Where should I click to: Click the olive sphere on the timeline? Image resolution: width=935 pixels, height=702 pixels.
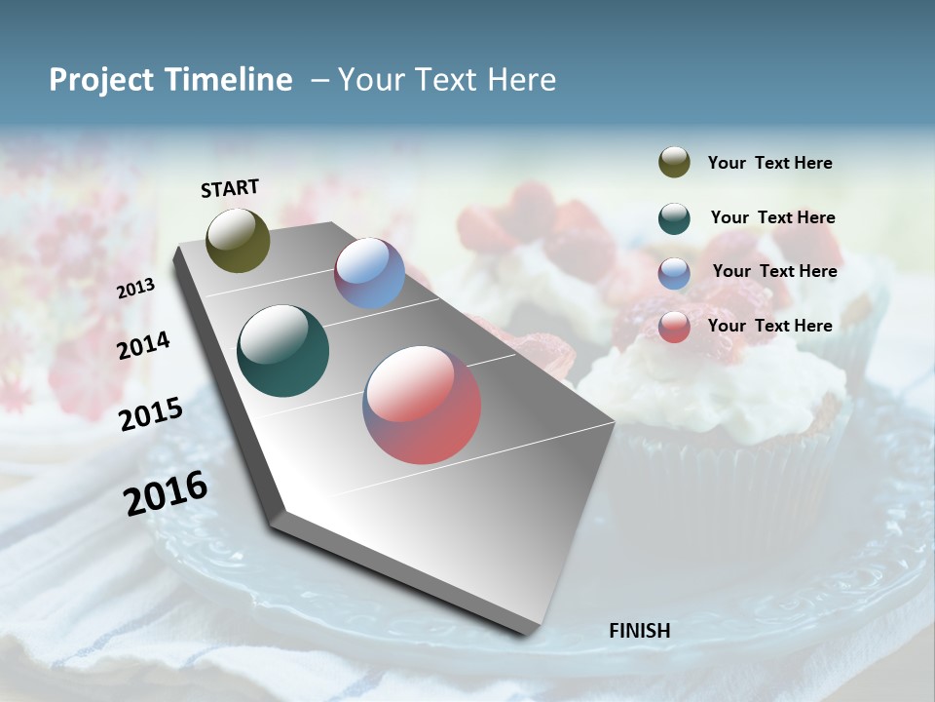tap(239, 240)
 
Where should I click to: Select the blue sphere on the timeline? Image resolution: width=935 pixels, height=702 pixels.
tap(369, 273)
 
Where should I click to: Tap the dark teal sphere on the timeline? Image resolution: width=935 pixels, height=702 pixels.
tap(283, 351)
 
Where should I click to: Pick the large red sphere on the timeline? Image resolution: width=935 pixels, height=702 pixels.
tap(422, 405)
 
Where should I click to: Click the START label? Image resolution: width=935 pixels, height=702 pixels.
tap(230, 188)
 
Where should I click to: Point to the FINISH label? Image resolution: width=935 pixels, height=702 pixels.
tap(639, 631)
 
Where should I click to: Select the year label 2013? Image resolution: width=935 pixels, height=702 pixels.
tap(135, 289)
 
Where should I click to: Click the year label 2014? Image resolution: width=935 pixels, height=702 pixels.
tap(143, 345)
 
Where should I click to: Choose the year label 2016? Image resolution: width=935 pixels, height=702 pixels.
tap(166, 493)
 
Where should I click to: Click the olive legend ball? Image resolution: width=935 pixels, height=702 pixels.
tap(674, 162)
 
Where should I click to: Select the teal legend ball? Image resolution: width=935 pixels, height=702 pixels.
tap(674, 218)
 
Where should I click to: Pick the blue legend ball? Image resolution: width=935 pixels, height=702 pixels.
tap(674, 273)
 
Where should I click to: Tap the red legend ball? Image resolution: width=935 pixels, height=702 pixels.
tap(674, 327)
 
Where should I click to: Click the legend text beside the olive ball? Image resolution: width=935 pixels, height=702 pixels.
tap(769, 164)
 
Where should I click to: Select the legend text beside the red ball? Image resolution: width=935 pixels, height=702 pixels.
tap(769, 326)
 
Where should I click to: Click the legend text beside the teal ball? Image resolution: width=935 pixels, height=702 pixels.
tap(772, 217)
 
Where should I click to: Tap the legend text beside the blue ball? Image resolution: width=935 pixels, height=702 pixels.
tap(774, 271)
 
